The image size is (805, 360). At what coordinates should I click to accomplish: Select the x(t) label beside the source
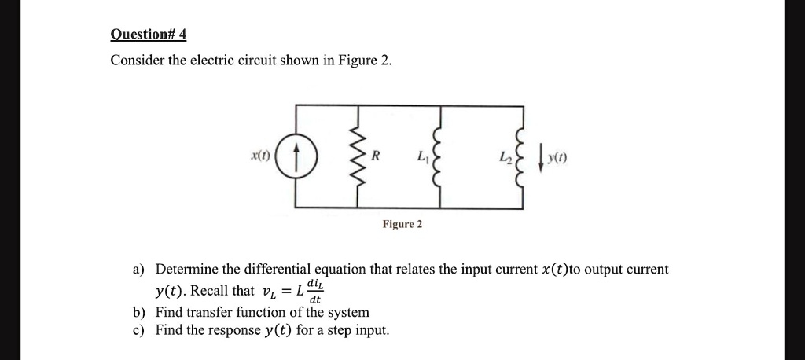[x=259, y=157]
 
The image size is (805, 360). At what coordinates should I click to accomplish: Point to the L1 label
[x=423, y=159]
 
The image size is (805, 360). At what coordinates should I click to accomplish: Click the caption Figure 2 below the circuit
[x=402, y=225]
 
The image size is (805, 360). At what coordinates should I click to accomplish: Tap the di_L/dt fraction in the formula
[x=314, y=292]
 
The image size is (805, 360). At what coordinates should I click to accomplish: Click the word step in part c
[x=336, y=330]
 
